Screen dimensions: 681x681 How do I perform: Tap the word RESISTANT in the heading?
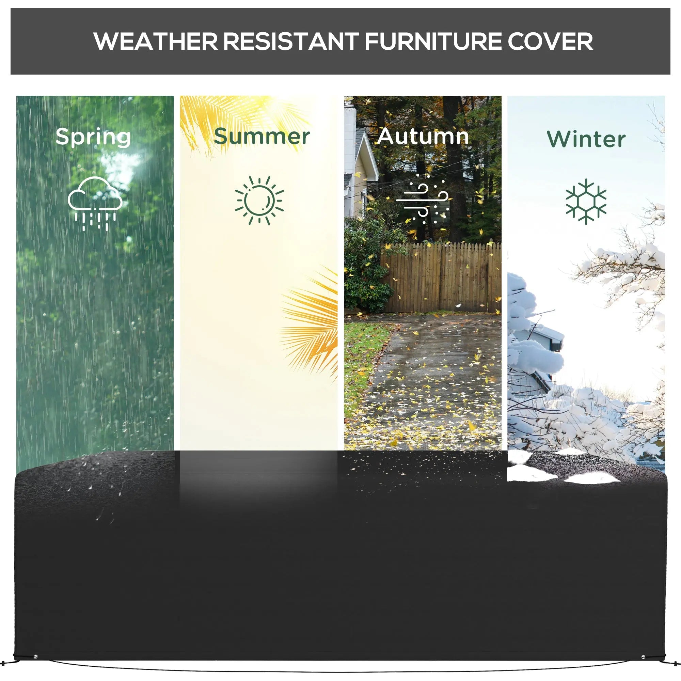(x=291, y=42)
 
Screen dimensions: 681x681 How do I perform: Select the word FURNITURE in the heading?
(x=432, y=42)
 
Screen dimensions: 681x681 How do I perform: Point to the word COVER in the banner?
(x=550, y=42)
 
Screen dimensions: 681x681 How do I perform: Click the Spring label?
(x=93, y=138)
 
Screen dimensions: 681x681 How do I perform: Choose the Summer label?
(x=262, y=137)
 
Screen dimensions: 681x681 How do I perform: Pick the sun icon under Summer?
(x=259, y=200)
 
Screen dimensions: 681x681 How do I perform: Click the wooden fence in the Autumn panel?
(x=441, y=279)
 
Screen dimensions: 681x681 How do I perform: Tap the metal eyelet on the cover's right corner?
(x=644, y=657)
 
